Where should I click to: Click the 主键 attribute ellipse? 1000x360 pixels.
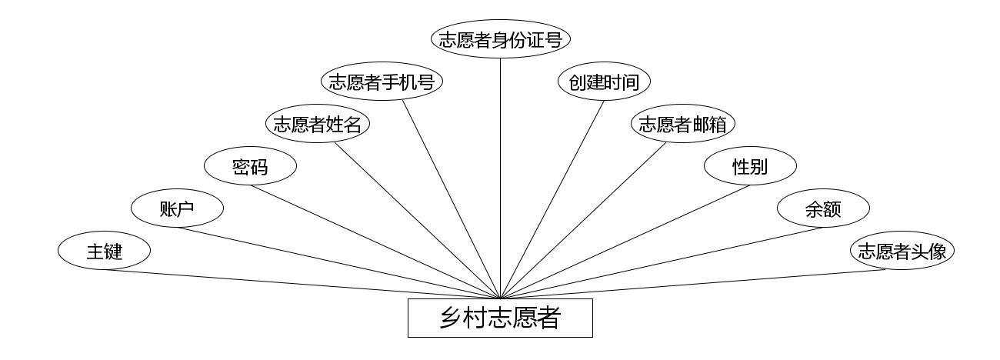[x=104, y=251]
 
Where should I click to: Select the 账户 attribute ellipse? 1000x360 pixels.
[x=177, y=208]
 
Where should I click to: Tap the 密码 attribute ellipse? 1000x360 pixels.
[x=250, y=166]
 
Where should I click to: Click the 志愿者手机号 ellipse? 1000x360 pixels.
[x=382, y=82]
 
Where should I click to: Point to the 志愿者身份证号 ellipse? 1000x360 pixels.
[x=500, y=39]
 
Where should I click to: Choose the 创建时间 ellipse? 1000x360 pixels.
[x=604, y=82]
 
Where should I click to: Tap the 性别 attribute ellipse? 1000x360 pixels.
[x=750, y=166]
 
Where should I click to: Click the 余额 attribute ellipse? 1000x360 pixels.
[x=823, y=208]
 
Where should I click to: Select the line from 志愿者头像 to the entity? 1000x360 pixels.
[x=700, y=284]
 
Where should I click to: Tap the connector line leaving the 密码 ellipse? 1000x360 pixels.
[x=375, y=242]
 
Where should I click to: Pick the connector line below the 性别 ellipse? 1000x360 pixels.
[x=625, y=242]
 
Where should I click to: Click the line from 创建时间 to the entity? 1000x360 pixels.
[x=552, y=199]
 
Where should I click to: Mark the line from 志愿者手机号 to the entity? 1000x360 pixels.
[x=452, y=199]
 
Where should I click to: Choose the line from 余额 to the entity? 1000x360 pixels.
[x=662, y=262]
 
